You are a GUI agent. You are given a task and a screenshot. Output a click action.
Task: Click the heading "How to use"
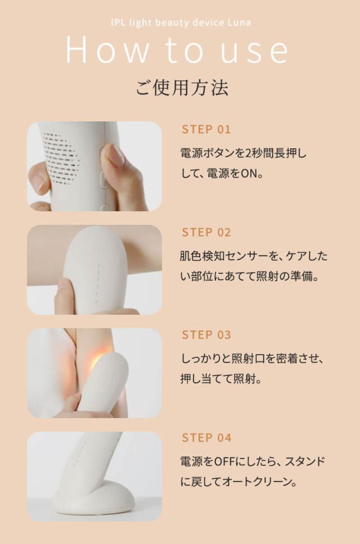coord(177,50)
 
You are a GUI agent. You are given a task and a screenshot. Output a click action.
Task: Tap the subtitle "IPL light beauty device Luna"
coord(180,22)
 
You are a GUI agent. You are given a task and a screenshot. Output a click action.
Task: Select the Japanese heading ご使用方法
coord(182,88)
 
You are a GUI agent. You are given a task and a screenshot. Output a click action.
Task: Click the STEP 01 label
coord(206,130)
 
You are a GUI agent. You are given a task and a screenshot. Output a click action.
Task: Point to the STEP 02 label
coord(206,233)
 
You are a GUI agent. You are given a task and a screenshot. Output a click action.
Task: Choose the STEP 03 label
coord(206,336)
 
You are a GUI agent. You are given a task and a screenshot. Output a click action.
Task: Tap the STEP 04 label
coord(206,438)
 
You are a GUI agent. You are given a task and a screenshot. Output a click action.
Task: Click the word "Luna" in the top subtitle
coord(239,22)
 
